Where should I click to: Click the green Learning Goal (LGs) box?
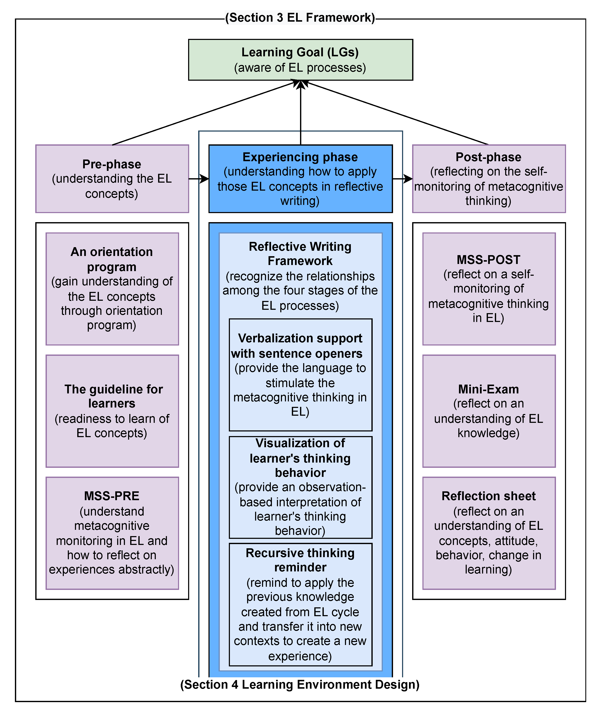pos(300,60)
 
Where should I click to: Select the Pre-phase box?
pos(112,179)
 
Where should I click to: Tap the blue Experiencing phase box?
pos(300,179)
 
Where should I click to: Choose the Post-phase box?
pos(489,179)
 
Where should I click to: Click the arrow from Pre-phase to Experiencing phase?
pos(199,179)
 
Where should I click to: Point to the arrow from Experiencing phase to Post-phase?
pos(402,179)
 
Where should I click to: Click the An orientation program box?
pos(112,289)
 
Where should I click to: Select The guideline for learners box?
pos(112,411)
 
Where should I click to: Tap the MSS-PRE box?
pos(112,533)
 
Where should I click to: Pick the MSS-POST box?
pos(489,289)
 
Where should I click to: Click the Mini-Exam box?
pos(489,411)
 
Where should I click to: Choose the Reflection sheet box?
pos(489,533)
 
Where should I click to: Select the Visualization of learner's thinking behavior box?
pos(300,487)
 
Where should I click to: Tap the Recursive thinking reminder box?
pos(300,604)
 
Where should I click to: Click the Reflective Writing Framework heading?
pos(300,253)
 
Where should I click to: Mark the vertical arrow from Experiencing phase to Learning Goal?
pos(300,112)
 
